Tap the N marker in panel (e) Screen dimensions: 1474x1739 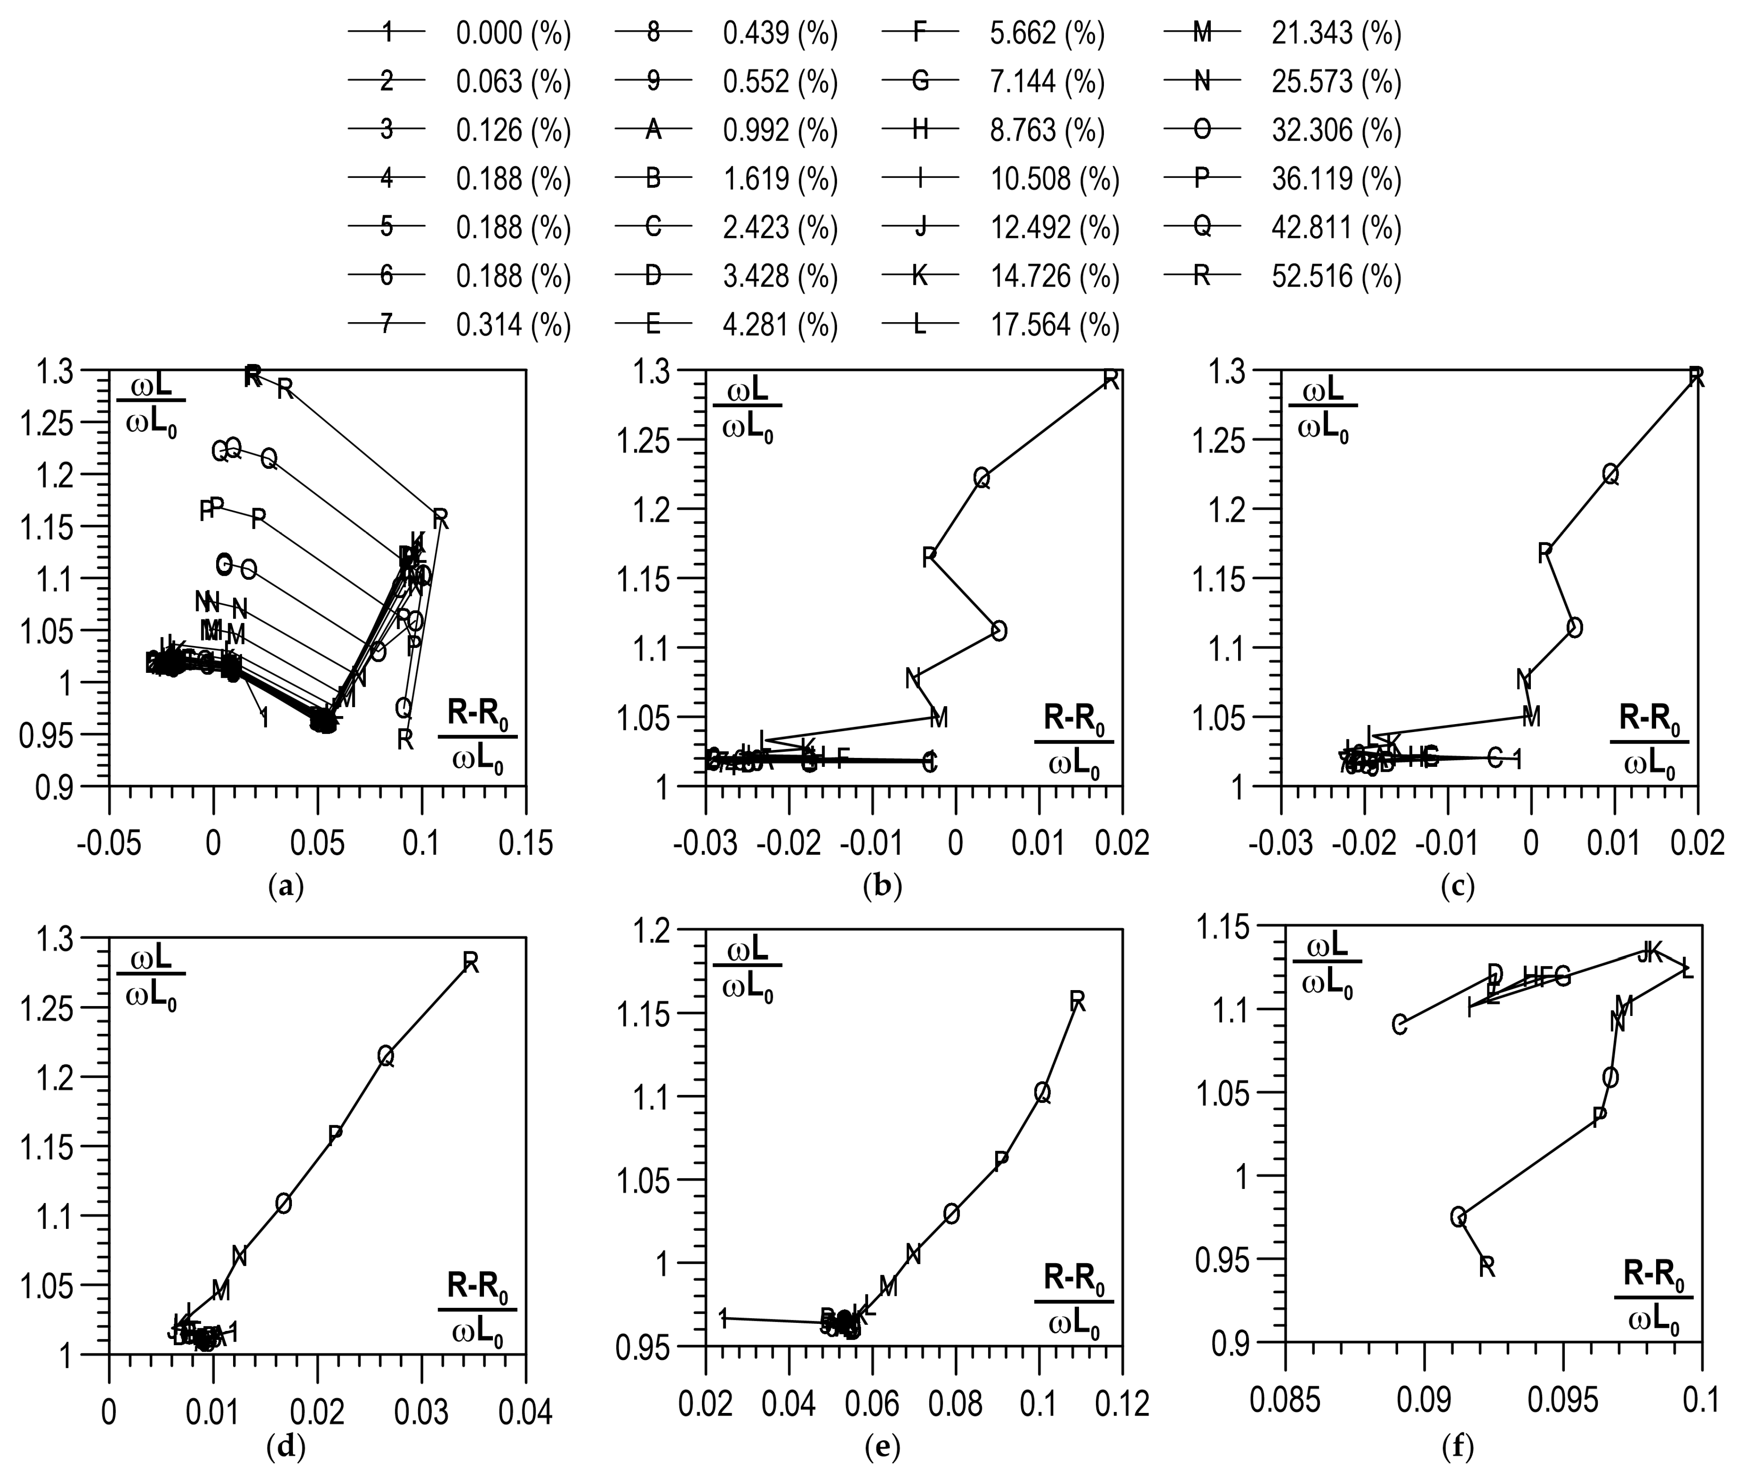[x=913, y=1253]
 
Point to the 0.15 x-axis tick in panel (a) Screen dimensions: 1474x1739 [x=525, y=844]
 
